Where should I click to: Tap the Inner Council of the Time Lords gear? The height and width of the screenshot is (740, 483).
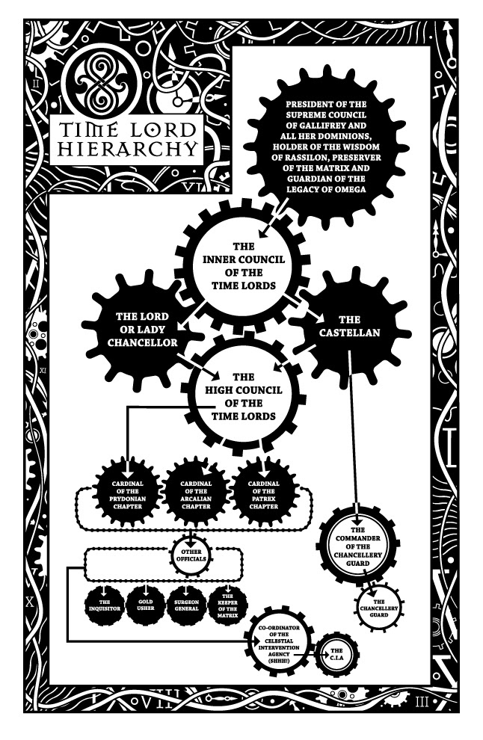tap(234, 266)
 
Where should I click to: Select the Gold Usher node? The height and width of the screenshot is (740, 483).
tap(146, 604)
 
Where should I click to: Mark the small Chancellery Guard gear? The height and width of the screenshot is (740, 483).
tap(379, 605)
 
